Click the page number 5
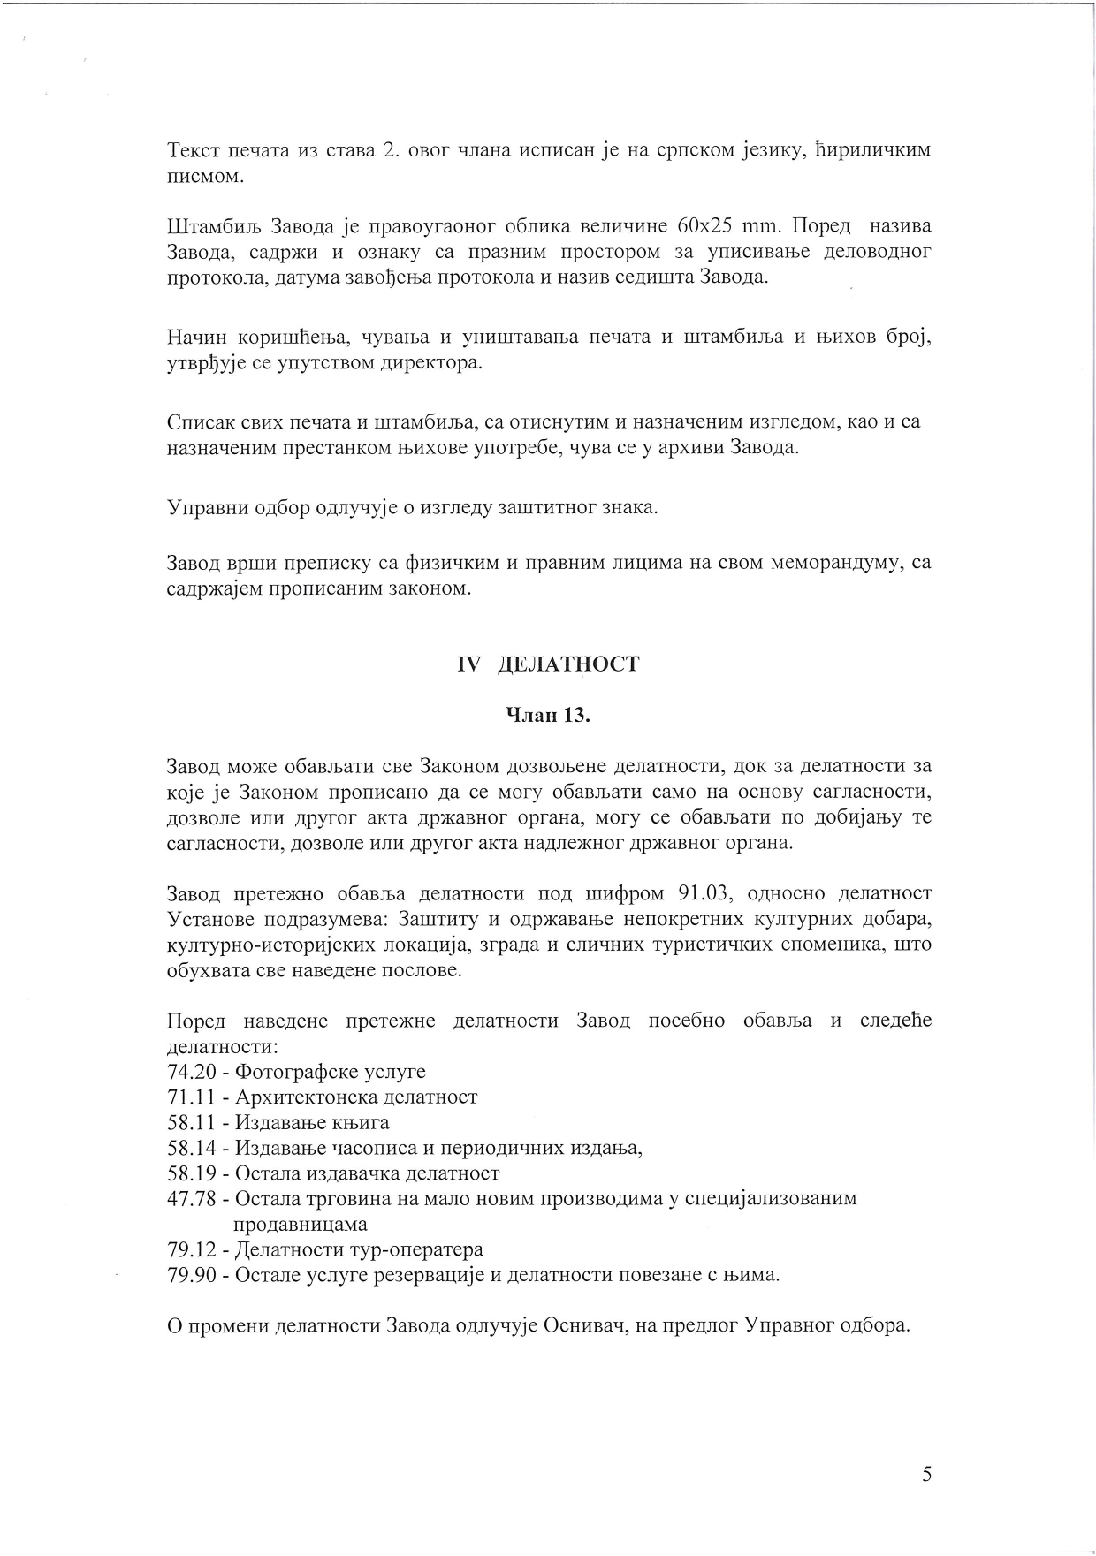pos(926,1474)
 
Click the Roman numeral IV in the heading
pos(468,664)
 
